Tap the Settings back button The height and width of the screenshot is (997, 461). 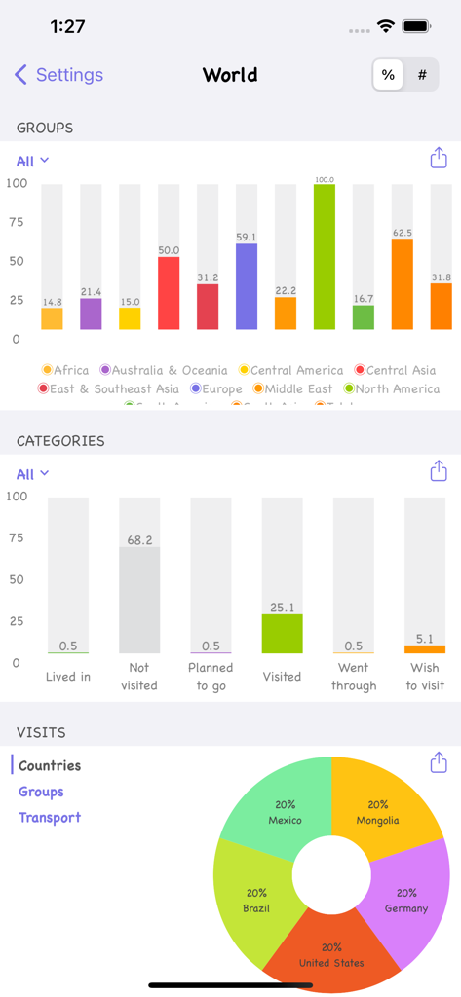(x=58, y=75)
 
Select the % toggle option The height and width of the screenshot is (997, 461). (x=388, y=75)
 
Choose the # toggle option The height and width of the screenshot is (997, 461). (x=422, y=75)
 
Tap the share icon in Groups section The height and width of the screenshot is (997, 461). (x=439, y=159)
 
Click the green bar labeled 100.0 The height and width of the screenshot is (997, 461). (x=325, y=258)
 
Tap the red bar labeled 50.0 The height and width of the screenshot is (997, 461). (x=169, y=293)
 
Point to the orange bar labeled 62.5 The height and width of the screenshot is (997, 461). (x=403, y=283)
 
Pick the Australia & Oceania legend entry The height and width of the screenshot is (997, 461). (x=163, y=370)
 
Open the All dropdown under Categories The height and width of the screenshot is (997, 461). (x=32, y=474)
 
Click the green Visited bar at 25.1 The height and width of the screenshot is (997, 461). (x=282, y=634)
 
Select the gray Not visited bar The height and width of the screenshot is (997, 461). (x=139, y=600)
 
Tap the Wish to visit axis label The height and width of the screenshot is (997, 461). (x=424, y=677)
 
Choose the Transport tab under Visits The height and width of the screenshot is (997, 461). (x=50, y=818)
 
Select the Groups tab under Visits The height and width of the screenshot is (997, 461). (x=41, y=792)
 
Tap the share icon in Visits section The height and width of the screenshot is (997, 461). (x=439, y=762)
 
